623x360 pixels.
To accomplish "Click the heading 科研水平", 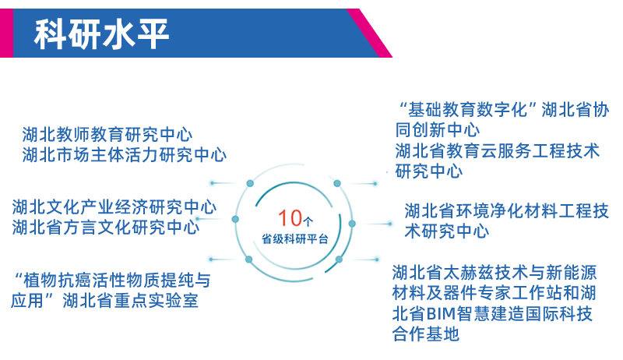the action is [102, 34].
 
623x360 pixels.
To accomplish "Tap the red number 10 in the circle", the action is [290, 218].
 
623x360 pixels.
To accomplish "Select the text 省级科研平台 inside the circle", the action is [295, 238].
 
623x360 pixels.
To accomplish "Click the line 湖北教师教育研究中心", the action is [107, 135].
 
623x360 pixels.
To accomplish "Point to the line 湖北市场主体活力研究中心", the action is [125, 154].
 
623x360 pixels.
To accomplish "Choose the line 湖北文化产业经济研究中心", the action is [114, 207].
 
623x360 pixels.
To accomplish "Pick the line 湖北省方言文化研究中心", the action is [106, 228].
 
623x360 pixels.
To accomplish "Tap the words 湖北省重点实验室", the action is [130, 300].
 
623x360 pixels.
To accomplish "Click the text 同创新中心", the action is [438, 129].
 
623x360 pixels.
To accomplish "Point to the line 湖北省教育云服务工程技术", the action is [497, 150].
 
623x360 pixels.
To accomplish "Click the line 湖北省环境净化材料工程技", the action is [507, 210].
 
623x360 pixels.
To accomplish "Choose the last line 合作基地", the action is [426, 334].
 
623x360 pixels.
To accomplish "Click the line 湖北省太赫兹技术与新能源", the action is [495, 273].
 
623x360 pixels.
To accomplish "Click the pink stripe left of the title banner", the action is [6, 33].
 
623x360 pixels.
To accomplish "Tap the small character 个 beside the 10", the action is [308, 221].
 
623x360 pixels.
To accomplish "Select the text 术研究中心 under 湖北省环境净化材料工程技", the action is [446, 231].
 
